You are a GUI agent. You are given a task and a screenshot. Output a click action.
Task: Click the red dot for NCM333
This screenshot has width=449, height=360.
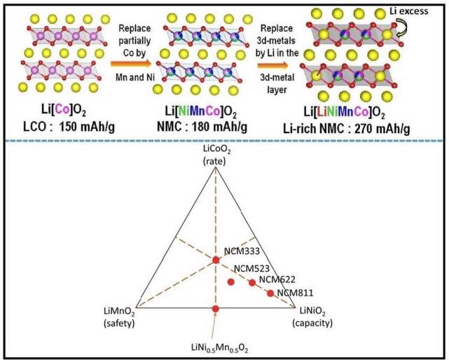point(216,260)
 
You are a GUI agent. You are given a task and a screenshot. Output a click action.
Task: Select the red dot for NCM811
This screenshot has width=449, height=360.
point(270,293)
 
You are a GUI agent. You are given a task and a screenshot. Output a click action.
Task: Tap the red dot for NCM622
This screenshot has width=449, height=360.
point(252,283)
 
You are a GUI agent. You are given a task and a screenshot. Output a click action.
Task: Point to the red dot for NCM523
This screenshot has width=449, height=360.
point(230,282)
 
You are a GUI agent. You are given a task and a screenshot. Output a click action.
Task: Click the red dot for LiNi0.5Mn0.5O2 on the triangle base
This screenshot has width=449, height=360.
point(216,308)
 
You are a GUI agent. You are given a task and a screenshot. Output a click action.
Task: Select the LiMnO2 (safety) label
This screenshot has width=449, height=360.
point(119,317)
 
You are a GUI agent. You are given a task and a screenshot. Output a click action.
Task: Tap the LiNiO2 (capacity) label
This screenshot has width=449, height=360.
point(312,317)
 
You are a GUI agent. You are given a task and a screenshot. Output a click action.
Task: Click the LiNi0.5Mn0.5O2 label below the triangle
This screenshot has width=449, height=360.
point(220,348)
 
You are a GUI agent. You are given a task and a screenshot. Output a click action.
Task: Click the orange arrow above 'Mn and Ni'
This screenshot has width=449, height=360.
point(130,64)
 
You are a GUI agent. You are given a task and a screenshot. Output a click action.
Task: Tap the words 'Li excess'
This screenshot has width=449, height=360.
point(408,11)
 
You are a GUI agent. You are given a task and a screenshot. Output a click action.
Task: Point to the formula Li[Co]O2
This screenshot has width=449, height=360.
point(63,110)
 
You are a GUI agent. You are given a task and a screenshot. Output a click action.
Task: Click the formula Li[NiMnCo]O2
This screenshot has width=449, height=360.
point(201,111)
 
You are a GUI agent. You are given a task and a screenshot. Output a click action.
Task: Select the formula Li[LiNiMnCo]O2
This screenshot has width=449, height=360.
point(344,112)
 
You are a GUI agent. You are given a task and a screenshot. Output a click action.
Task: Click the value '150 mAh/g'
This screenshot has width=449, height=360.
point(87,126)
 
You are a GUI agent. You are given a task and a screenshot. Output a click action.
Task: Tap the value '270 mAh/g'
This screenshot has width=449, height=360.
point(382,129)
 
